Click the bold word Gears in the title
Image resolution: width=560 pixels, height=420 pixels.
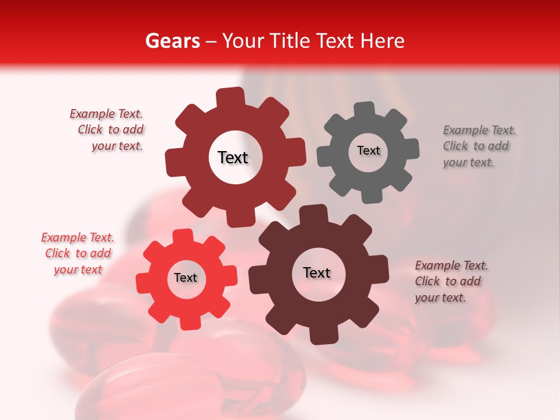click(x=172, y=41)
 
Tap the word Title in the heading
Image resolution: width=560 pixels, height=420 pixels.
click(x=292, y=41)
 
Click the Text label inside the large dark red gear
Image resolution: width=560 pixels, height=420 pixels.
click(x=233, y=157)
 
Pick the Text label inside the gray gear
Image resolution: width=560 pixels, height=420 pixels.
click(x=368, y=150)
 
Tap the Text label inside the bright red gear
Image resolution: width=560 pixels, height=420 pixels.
click(x=185, y=278)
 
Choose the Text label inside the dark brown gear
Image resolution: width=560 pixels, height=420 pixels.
click(x=317, y=272)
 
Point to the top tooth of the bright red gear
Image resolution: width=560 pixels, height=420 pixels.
click(x=184, y=235)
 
